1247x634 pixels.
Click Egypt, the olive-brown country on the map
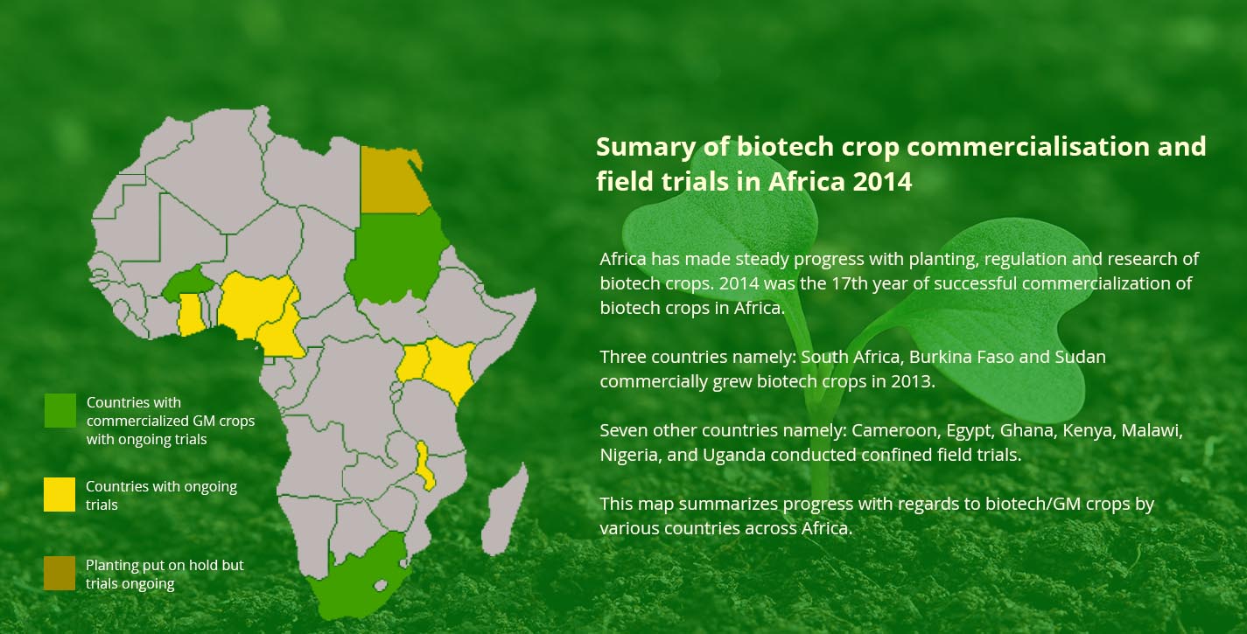pos(392,181)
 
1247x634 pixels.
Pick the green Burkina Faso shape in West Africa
pos(188,282)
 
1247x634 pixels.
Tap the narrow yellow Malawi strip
pos(424,466)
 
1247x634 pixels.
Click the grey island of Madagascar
pos(504,511)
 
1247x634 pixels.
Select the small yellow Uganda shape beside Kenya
pos(413,363)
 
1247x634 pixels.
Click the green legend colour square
pos(60,410)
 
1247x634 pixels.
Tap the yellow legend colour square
pos(60,494)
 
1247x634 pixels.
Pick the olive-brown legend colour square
pos(60,573)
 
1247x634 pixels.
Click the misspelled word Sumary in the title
pos(646,148)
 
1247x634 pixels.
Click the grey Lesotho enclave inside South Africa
pos(381,585)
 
